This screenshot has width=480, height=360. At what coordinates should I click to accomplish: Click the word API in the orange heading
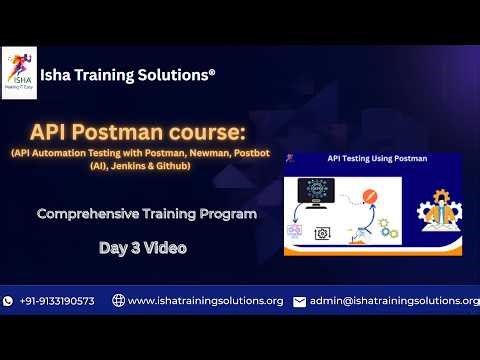pyautogui.click(x=49, y=132)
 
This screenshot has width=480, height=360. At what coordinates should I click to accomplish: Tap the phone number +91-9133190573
pyautogui.click(x=57, y=301)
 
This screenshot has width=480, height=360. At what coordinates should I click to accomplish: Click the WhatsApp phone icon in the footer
pyautogui.click(x=9, y=301)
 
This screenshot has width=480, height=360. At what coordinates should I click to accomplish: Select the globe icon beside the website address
pyautogui.click(x=118, y=301)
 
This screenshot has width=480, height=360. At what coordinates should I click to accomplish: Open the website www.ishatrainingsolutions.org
pyautogui.click(x=205, y=301)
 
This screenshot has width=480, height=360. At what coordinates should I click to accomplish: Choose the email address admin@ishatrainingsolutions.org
pyautogui.click(x=394, y=301)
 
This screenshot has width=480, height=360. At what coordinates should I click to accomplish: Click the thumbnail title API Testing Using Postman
pyautogui.click(x=377, y=158)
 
